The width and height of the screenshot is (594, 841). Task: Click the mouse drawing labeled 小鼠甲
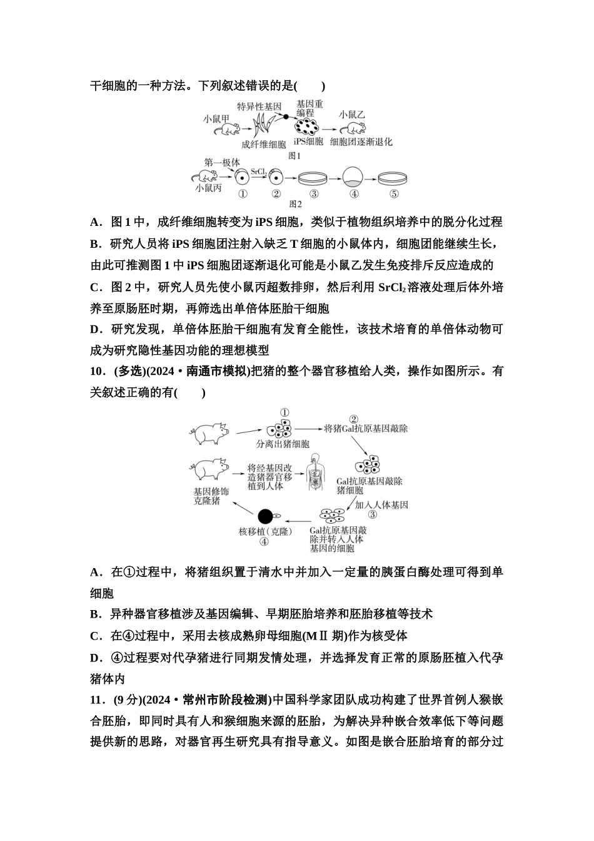click(x=227, y=130)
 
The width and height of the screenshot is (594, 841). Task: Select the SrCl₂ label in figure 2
click(x=259, y=171)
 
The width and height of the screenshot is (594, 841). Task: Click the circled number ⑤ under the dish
click(x=393, y=193)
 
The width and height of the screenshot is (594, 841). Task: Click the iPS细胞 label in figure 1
click(x=308, y=142)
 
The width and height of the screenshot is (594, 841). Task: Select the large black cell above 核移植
click(x=265, y=516)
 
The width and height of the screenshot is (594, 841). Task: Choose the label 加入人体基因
click(x=381, y=504)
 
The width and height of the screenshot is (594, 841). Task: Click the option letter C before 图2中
click(x=96, y=287)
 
